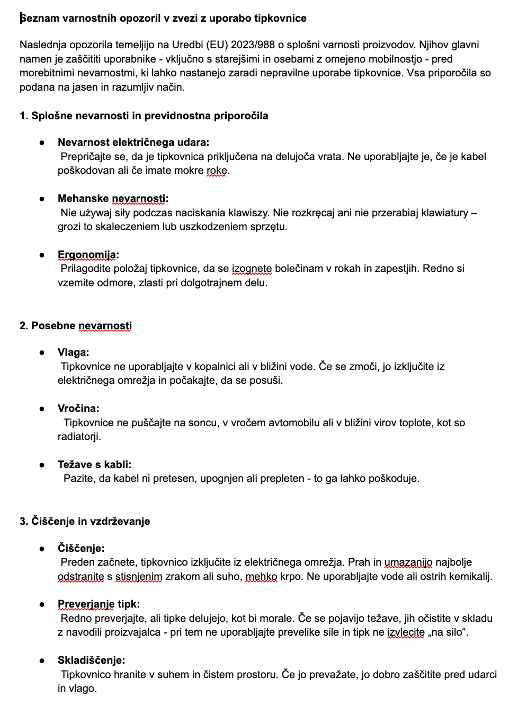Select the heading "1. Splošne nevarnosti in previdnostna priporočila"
(144, 116)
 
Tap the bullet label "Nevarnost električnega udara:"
(133, 142)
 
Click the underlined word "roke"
(216, 170)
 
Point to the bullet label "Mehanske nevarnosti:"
(113, 198)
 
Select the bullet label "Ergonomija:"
(88, 254)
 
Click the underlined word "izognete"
(252, 268)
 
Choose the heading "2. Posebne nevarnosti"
(76, 326)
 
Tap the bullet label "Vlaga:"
(73, 352)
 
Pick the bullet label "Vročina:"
(78, 408)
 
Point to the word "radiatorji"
(79, 436)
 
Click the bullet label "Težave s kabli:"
(94, 464)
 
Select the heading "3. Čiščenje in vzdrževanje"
(85, 521)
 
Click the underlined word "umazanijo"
(408, 562)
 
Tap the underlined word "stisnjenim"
(139, 576)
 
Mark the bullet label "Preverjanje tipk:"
(99, 604)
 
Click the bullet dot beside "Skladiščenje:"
(42, 661)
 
